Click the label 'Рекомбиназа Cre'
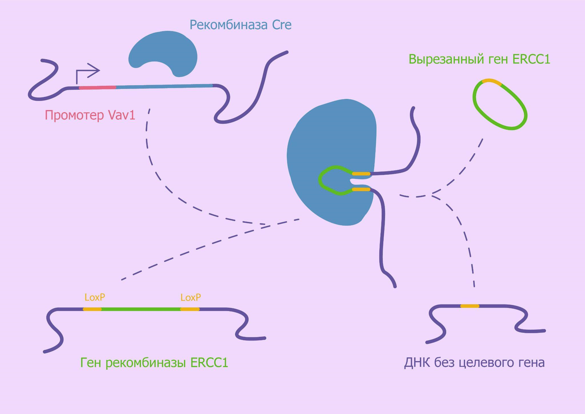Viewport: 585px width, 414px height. click(241, 25)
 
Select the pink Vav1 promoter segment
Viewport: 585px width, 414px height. click(97, 87)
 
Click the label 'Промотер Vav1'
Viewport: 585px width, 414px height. click(90, 115)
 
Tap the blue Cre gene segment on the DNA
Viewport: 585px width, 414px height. click(164, 86)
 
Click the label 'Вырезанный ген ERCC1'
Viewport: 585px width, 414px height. click(479, 59)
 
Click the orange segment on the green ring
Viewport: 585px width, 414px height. click(492, 82)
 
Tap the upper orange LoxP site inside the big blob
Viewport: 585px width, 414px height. click(361, 174)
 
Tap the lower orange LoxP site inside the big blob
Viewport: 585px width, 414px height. click(361, 189)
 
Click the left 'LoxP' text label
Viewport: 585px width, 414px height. click(95, 297)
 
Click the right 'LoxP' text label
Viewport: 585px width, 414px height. click(191, 298)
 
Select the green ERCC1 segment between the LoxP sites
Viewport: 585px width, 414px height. click(141, 309)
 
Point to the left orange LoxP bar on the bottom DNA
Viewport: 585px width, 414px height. click(92, 309)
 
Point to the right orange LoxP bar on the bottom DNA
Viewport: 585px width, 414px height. click(190, 309)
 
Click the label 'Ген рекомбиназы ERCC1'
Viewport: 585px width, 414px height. click(154, 363)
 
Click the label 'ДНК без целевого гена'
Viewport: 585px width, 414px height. click(474, 362)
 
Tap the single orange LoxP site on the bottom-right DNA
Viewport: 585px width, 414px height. click(470, 306)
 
